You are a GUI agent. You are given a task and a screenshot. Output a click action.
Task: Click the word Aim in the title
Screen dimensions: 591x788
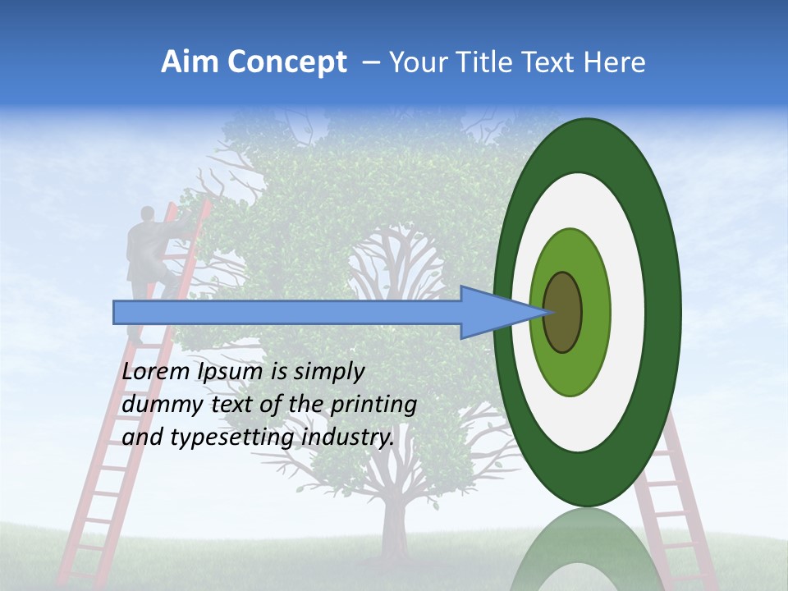click(188, 62)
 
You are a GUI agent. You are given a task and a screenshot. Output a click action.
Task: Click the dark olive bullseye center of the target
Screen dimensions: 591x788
click(562, 313)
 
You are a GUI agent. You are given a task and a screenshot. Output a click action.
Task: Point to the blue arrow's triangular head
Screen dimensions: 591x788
click(492, 313)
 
